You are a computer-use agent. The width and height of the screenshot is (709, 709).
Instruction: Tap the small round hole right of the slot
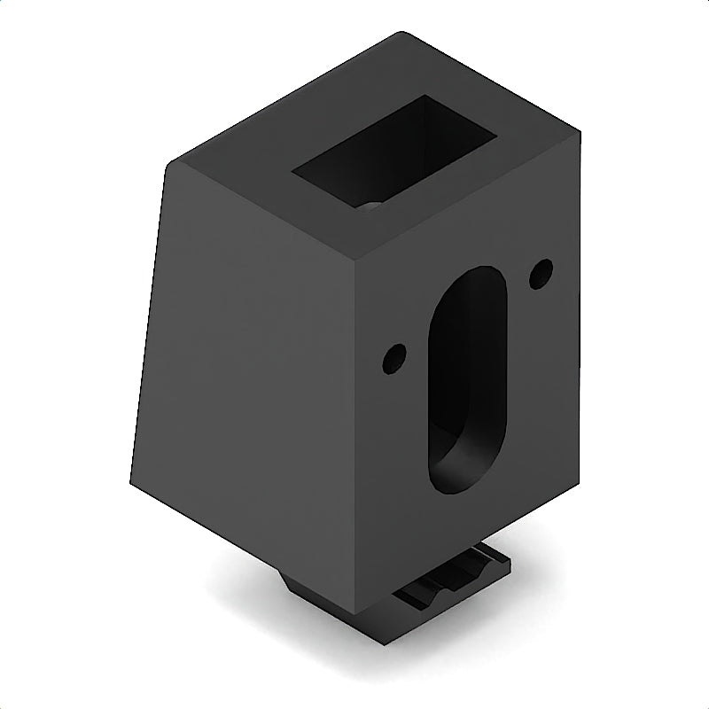pos(541,273)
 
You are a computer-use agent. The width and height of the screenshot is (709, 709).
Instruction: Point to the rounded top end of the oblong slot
pos(479,279)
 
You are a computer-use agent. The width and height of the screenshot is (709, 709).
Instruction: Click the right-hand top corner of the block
pos(580,133)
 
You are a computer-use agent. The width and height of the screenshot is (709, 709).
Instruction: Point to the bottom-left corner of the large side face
pos(131,483)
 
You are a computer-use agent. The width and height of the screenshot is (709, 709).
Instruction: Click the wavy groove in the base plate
pos(452,580)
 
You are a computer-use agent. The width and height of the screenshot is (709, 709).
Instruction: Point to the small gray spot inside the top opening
pos(372,206)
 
